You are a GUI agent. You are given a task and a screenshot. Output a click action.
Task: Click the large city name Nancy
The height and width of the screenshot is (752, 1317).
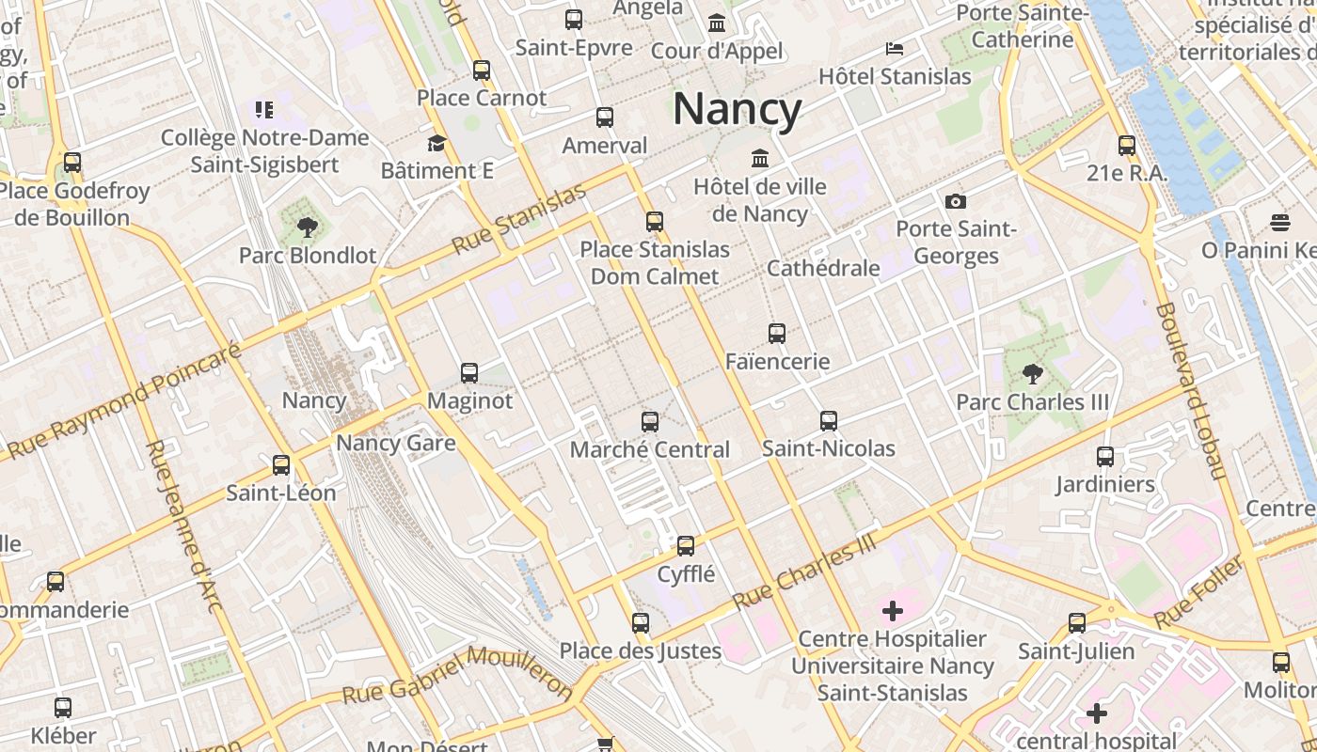pos(737,109)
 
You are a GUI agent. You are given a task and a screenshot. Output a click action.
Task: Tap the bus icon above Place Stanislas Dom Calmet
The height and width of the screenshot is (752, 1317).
pos(655,222)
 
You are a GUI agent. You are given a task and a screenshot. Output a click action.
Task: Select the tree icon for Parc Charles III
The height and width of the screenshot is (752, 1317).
pos(1033,374)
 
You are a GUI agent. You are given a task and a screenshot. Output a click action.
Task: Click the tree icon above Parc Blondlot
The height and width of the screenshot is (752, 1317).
pos(307,227)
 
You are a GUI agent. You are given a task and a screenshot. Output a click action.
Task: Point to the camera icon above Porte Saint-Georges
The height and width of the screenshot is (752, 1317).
pos(956,201)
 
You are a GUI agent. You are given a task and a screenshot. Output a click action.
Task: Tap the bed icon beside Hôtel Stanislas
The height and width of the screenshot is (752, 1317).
pos(894,49)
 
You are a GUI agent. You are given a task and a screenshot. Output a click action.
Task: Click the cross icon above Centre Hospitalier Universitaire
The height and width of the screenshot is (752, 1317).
pos(892,612)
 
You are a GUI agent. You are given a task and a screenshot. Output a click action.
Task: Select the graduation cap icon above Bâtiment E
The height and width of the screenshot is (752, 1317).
pos(436,144)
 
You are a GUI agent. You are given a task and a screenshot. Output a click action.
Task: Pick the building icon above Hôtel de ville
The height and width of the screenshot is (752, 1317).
pos(759,158)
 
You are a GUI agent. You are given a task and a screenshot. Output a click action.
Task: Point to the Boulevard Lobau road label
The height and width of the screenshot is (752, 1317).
pos(1190,390)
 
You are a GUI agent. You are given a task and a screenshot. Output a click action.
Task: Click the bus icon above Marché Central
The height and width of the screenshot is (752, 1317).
pos(650,422)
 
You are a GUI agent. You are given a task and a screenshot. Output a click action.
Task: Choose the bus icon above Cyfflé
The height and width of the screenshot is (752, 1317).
pos(686,546)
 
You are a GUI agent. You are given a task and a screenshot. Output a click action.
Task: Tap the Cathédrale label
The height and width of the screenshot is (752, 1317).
pos(823,268)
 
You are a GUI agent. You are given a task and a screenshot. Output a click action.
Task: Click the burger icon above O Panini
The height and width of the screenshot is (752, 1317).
pos(1279,223)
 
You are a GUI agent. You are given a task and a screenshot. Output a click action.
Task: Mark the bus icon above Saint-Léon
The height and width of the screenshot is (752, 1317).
pos(281,465)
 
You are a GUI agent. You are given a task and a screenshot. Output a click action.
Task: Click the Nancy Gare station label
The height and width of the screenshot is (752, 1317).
pos(395,443)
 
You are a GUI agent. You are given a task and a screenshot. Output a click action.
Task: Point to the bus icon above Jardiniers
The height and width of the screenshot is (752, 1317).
pos(1105,457)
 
